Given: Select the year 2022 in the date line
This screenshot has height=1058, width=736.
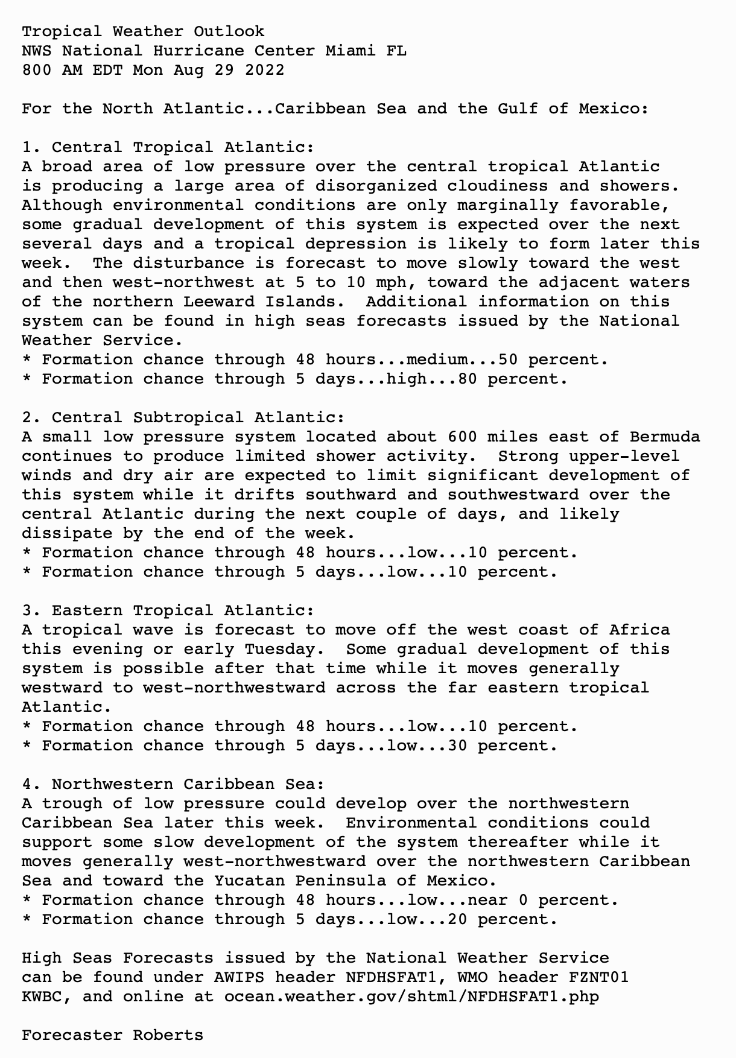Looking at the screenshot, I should click(264, 70).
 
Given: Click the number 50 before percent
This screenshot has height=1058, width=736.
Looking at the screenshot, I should click(508, 360).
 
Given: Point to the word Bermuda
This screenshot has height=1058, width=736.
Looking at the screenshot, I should click(665, 437).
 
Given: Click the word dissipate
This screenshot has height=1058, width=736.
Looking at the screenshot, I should click(67, 533).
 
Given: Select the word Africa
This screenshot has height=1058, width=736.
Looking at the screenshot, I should click(639, 630).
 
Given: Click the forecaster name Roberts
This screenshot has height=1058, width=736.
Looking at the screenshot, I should click(168, 1035).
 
